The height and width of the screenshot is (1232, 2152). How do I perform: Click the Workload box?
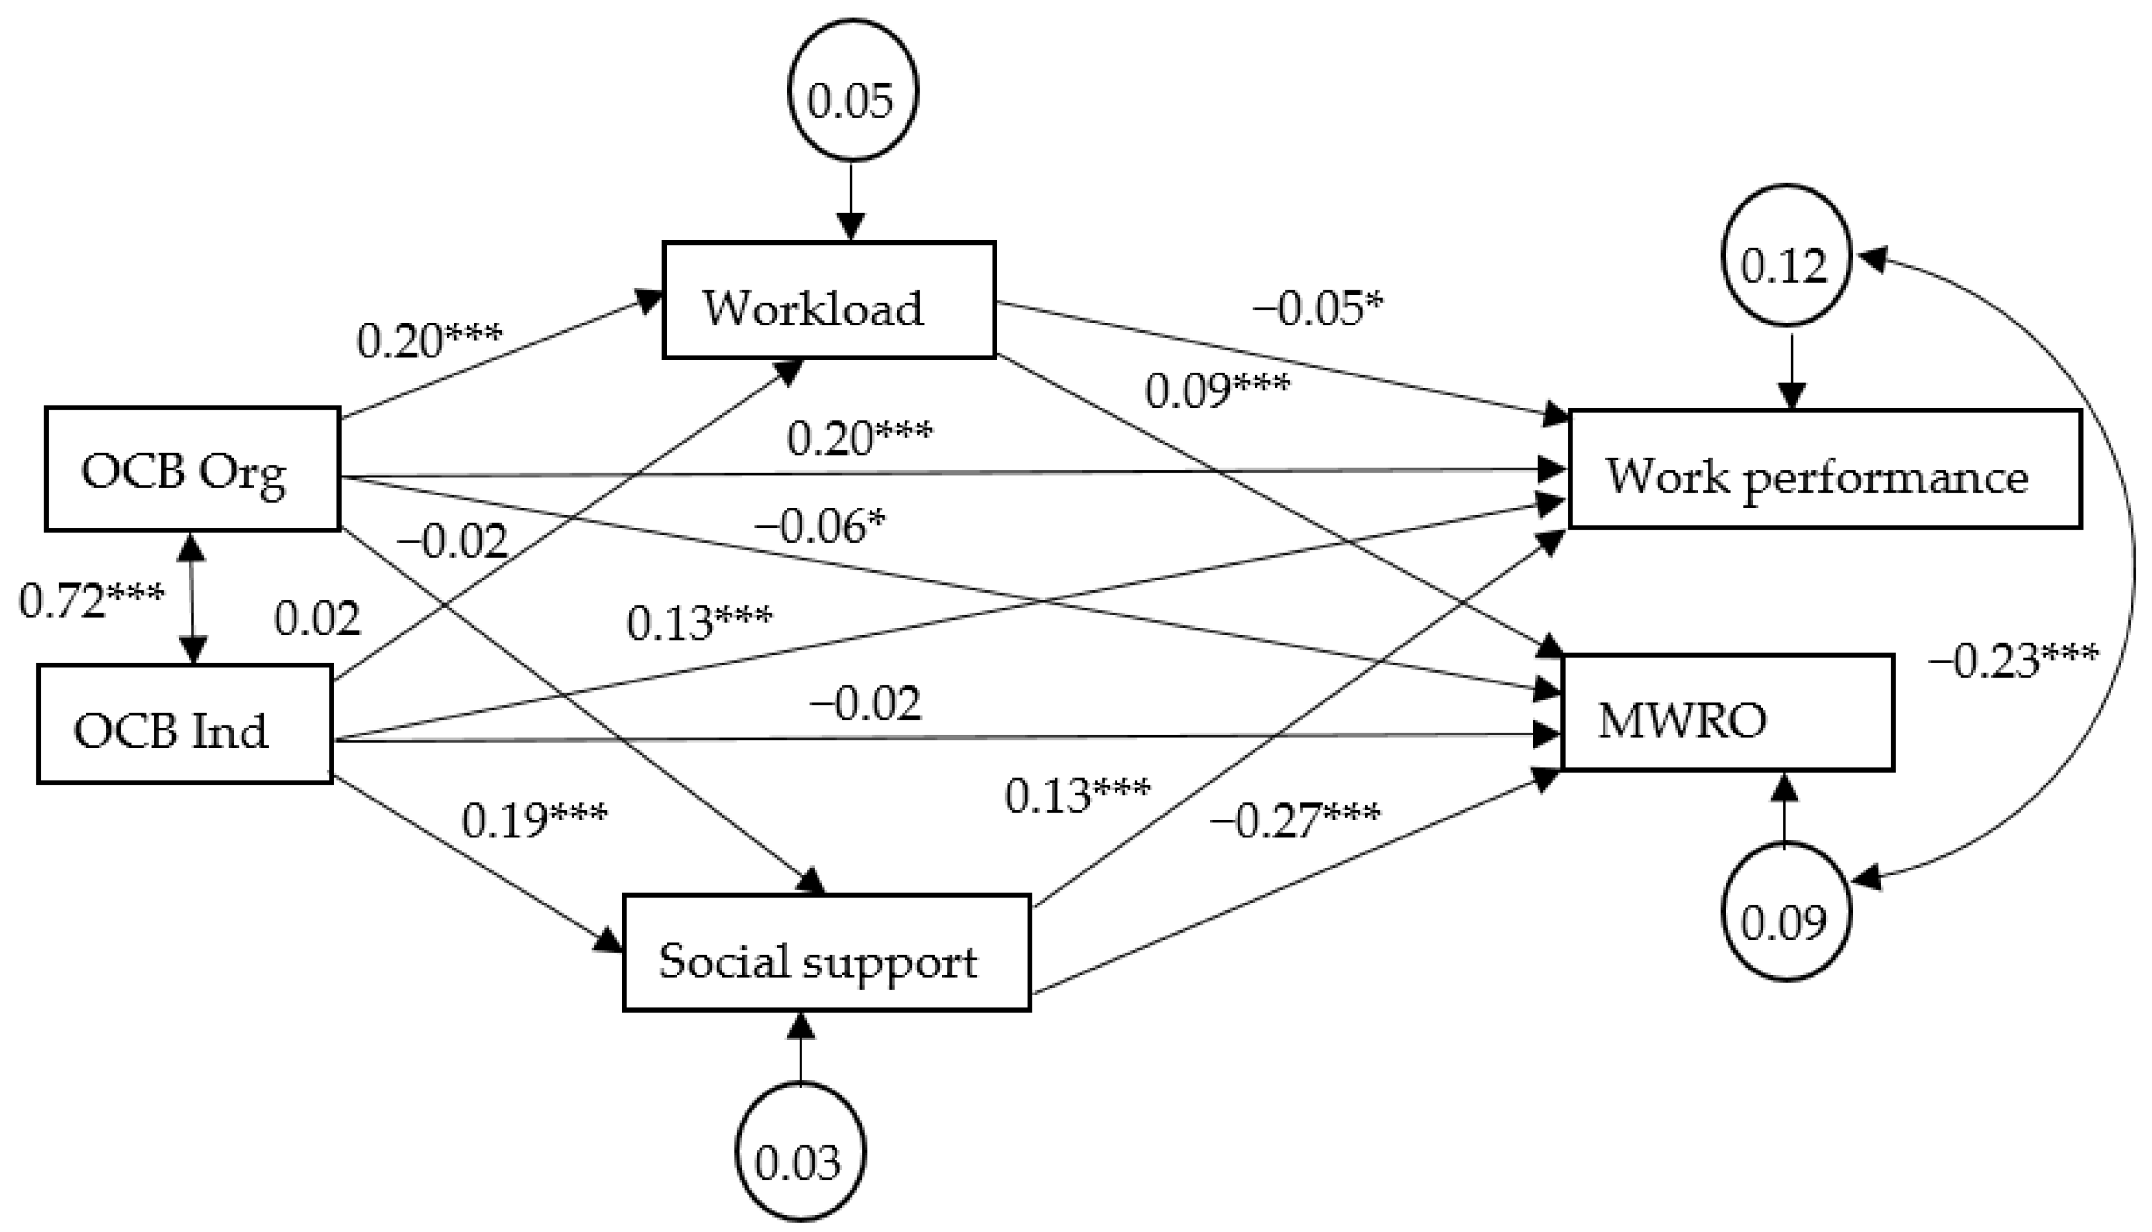[x=829, y=301]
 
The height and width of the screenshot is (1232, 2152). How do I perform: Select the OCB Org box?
[x=193, y=469]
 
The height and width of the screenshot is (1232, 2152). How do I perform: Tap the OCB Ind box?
[x=184, y=724]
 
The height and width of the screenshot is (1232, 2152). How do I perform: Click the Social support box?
[x=826, y=953]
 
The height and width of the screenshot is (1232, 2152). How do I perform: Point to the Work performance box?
[x=1825, y=470]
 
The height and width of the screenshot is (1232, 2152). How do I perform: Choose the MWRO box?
[x=1726, y=713]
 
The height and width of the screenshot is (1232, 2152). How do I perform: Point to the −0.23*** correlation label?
[x=2013, y=660]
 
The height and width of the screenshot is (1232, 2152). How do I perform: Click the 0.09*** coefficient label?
[x=1217, y=389]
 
